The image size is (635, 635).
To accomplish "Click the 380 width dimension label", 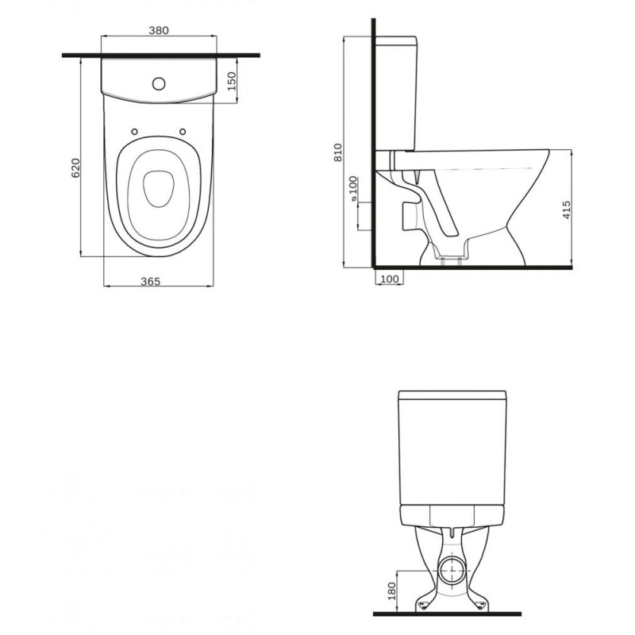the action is click(x=159, y=30).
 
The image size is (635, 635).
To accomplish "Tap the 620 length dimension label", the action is click(x=75, y=167).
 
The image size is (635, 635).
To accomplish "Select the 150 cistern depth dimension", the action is click(x=231, y=81).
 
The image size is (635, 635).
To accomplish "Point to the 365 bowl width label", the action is click(x=151, y=281).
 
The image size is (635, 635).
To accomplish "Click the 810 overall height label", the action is click(x=338, y=152).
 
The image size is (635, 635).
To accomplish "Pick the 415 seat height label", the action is click(x=567, y=210).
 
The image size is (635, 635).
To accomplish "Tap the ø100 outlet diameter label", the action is click(x=353, y=189).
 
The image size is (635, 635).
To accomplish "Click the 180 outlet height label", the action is click(x=391, y=591).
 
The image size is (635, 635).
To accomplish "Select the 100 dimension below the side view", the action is click(x=390, y=279).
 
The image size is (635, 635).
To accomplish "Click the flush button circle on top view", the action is click(x=159, y=84).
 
